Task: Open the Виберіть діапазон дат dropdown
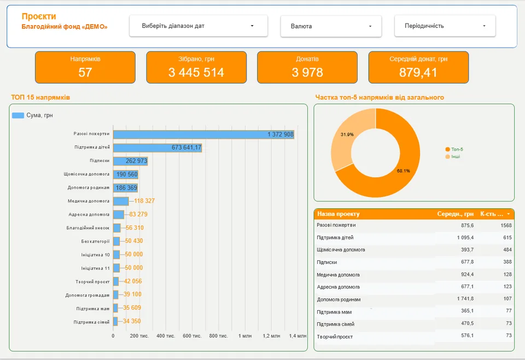click(x=198, y=26)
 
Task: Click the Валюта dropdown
click(x=331, y=26)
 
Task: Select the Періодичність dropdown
click(x=445, y=26)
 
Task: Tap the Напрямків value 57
click(x=85, y=72)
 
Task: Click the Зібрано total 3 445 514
click(x=196, y=72)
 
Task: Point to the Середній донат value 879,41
click(x=418, y=72)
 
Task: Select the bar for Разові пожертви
click(x=203, y=134)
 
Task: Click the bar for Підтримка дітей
click(x=157, y=148)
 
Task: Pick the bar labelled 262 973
click(x=130, y=161)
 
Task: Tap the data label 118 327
click(x=144, y=201)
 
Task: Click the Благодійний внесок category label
click(x=87, y=228)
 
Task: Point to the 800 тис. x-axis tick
click(x=218, y=336)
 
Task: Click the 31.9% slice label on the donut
click(x=347, y=135)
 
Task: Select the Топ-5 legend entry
click(x=454, y=149)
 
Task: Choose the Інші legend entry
click(x=453, y=156)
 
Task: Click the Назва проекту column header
click(x=338, y=214)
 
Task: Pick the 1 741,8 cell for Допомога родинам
click(x=465, y=299)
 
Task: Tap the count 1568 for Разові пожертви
click(x=506, y=225)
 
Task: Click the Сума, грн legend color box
click(x=18, y=115)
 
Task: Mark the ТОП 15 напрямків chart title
click(x=40, y=97)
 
